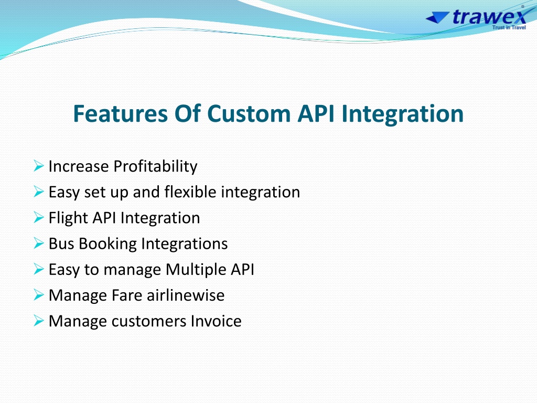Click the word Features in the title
[120, 113]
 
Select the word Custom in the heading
[249, 113]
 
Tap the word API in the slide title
[316, 113]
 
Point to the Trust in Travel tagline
[509, 27]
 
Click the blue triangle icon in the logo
[437, 17]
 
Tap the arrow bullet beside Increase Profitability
[39, 166]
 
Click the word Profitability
[155, 166]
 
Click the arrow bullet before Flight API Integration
[39, 218]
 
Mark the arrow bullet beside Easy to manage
[39, 269]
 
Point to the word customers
[148, 322]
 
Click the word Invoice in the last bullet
[216, 321]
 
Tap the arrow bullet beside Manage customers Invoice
[39, 321]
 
